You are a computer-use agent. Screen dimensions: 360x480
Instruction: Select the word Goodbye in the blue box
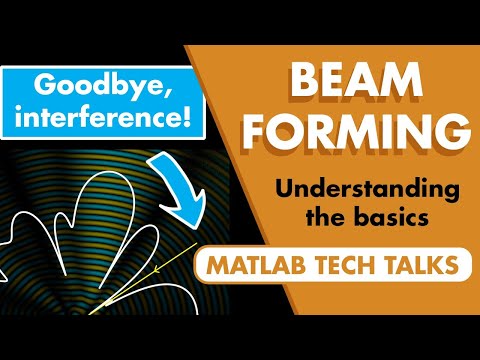pyautogui.click(x=94, y=84)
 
